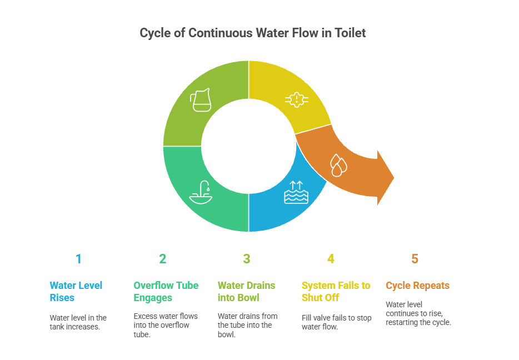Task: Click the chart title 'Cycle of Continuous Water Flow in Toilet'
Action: click(252, 33)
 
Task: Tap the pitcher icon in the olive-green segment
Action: click(201, 100)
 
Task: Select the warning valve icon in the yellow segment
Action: click(297, 99)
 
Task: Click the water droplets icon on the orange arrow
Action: click(338, 165)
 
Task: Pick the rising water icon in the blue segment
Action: click(296, 192)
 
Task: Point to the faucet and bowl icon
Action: click(201, 192)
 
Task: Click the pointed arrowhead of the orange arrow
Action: click(393, 178)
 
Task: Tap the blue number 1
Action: click(78, 259)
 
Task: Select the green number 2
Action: click(162, 259)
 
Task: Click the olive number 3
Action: click(247, 259)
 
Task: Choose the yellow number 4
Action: click(331, 259)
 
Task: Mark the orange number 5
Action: click(415, 259)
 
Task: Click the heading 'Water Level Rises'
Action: click(76, 292)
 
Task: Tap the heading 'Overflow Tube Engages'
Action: click(166, 292)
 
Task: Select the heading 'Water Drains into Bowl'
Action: click(246, 292)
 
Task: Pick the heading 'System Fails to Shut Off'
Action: click(336, 292)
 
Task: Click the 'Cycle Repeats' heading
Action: click(417, 286)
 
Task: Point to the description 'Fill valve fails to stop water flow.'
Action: click(336, 322)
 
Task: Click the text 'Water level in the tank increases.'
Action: click(78, 322)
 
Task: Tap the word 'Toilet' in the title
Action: click(350, 33)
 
